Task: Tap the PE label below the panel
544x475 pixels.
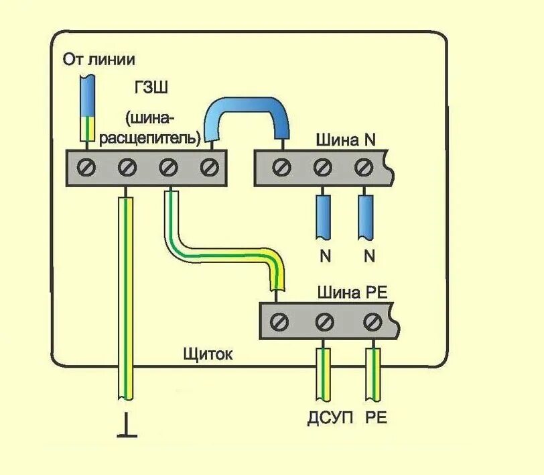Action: click(x=376, y=419)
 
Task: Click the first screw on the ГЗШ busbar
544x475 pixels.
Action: click(x=86, y=166)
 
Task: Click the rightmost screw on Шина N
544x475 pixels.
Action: click(x=364, y=166)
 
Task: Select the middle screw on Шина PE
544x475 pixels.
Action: click(x=324, y=322)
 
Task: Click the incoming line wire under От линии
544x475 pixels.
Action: click(x=87, y=107)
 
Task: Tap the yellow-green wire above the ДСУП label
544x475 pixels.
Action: click(x=324, y=376)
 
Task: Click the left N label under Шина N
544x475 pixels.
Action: click(x=325, y=255)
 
